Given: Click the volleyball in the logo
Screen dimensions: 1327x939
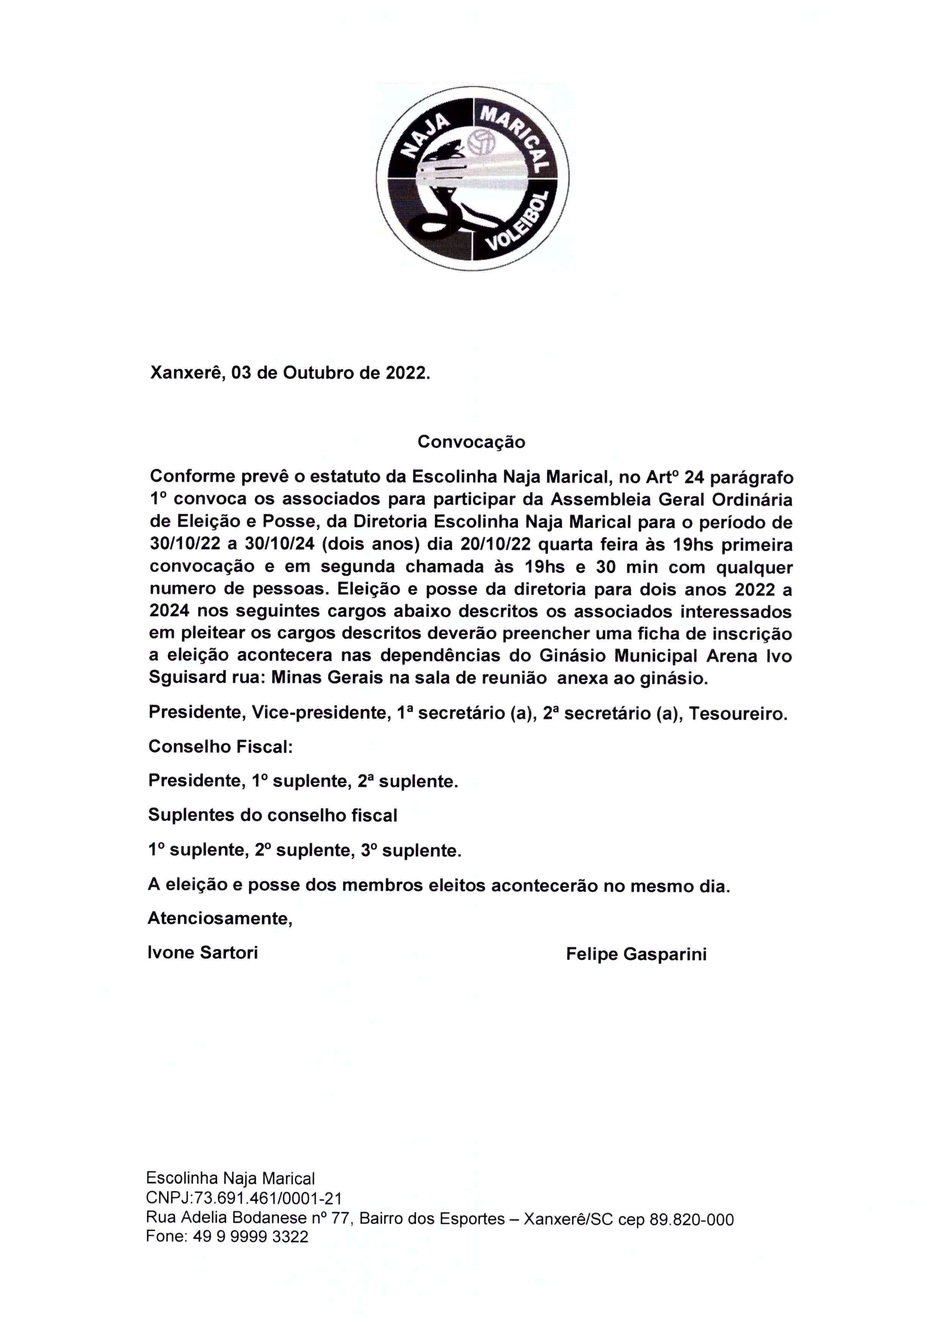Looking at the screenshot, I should [481, 142].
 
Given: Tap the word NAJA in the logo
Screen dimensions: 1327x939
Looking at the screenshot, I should [425, 136].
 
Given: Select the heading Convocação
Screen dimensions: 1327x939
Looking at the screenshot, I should [471, 442].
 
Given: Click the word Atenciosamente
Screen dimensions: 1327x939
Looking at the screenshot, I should [220, 918].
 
